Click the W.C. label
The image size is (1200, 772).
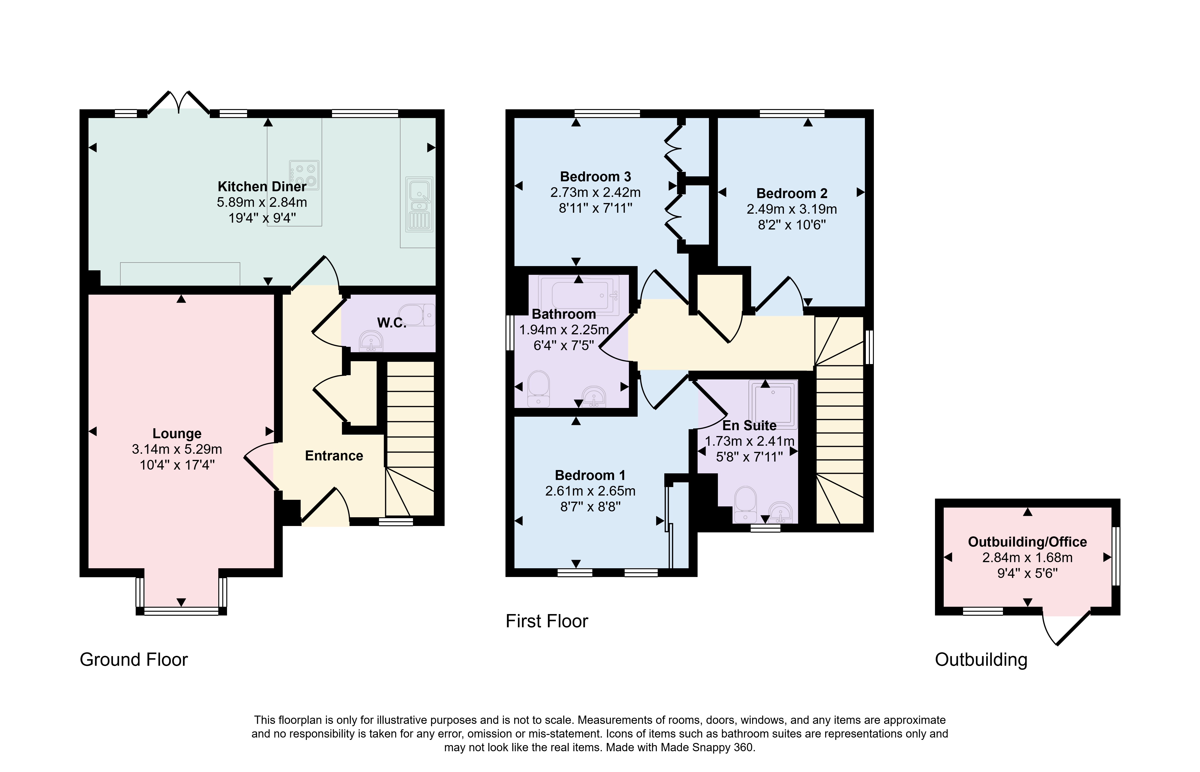(391, 323)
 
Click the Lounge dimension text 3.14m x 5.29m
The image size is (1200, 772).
(177, 449)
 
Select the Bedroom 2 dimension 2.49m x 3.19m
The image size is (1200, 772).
(792, 209)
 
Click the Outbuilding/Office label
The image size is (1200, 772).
(1027, 542)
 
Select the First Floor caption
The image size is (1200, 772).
(547, 621)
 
